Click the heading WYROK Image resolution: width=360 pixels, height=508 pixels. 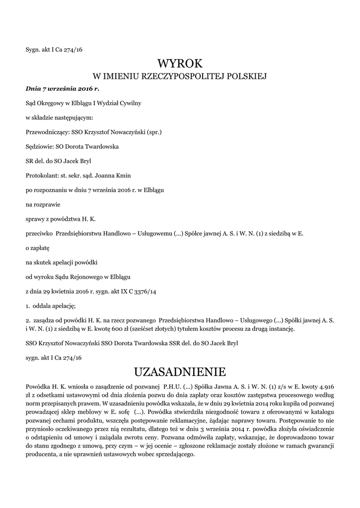[x=180, y=63]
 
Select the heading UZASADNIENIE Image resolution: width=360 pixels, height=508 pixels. [x=180, y=372]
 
